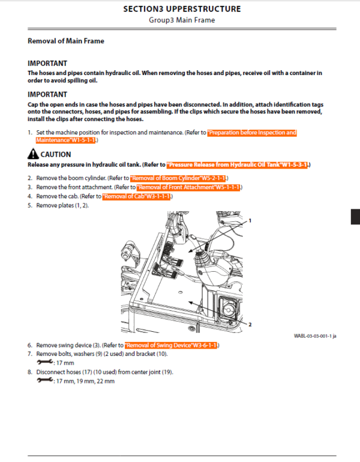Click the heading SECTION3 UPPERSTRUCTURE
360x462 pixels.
pyautogui.click(x=182, y=9)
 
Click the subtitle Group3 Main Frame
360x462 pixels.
pyautogui.click(x=182, y=20)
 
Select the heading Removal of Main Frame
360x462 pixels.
pyautogui.click(x=66, y=41)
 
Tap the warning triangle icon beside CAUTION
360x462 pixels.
pyautogui.click(x=32, y=155)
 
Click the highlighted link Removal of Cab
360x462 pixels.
pyautogui.click(x=137, y=196)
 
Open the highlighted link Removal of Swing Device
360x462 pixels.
pyautogui.click(x=172, y=346)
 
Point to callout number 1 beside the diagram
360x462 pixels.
pyautogui.click(x=249, y=221)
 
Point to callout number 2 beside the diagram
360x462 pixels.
pyautogui.click(x=249, y=325)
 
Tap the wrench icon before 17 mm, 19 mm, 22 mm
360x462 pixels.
pyautogui.click(x=44, y=381)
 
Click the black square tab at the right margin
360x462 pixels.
pyautogui.click(x=355, y=217)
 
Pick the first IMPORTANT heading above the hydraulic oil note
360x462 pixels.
pyautogui.click(x=47, y=63)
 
